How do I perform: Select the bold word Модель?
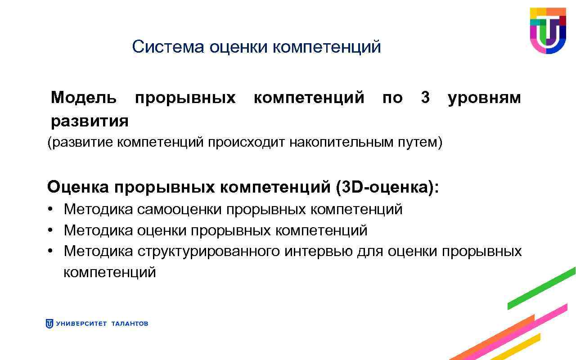83,97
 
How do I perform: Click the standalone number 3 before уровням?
425,97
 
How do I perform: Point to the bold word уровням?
484,98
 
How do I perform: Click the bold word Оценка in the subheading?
78,187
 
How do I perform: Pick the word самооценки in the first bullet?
180,209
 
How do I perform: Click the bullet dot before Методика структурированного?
52,251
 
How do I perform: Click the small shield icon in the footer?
49,324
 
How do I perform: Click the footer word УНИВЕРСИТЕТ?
81,324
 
